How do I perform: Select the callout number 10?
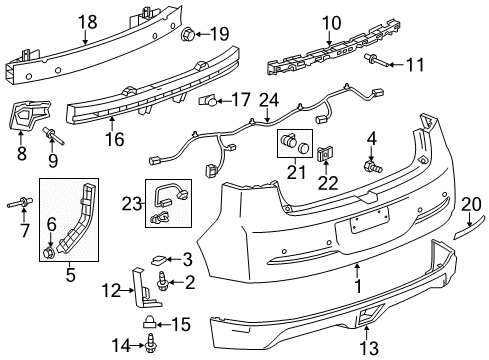(x=330, y=21)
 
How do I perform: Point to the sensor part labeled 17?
(x=208, y=101)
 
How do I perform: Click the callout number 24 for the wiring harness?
(x=267, y=99)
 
